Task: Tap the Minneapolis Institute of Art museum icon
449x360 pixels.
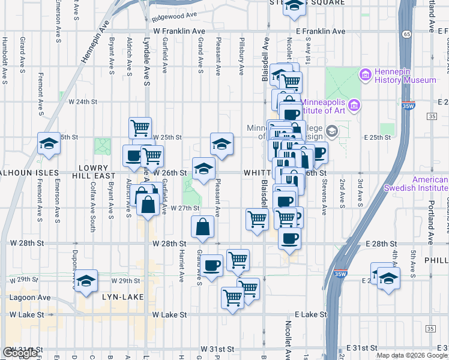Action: pos(354,106)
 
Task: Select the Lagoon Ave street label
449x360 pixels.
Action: pos(29,297)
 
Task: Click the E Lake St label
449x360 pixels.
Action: pos(311,314)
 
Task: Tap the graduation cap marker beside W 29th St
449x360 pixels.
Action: pos(86,280)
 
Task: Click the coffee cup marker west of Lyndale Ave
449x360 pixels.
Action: pos(133,156)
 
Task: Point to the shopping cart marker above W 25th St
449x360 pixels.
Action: pos(140,128)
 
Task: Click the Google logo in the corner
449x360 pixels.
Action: pos(20,353)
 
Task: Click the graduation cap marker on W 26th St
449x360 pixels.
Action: pos(203,169)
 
